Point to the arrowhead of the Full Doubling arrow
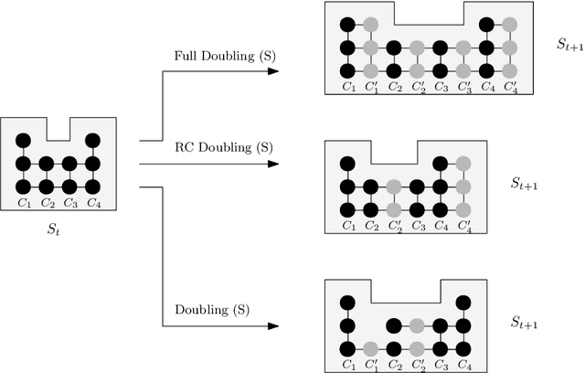[x=274, y=69]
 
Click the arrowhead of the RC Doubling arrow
[x=274, y=165]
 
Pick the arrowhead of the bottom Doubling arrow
[x=274, y=325]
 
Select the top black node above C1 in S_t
[x=24, y=140]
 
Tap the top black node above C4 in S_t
[x=92, y=140]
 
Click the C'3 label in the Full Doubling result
[x=463, y=87]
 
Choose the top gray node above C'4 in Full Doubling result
[x=510, y=25]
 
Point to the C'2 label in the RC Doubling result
[x=394, y=226]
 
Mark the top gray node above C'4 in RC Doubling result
[x=463, y=164]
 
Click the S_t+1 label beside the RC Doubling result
[x=525, y=183]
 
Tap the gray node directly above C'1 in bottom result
[x=370, y=348]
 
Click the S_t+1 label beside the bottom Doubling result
[x=525, y=324]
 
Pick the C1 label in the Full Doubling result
[x=347, y=87]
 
